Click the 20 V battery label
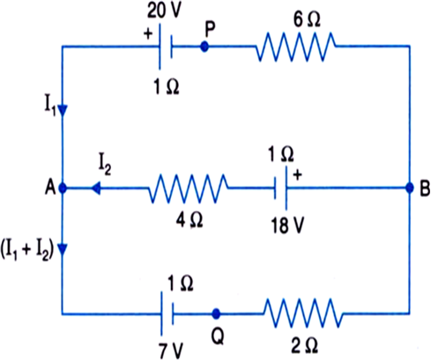165,11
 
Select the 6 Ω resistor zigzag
295,47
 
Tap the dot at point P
204,47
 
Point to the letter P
211,29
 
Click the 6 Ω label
307,19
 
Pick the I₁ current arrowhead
63,110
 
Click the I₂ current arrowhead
95,188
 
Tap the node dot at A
63,188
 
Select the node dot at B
409,188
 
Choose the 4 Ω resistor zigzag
188,189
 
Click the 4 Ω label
189,220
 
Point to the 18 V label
287,226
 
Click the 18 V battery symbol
280,188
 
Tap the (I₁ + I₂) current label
27,252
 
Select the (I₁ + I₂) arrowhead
63,249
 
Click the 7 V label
171,350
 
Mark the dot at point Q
216,314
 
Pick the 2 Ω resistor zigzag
303,313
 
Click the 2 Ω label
304,346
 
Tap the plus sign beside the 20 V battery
148,34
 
